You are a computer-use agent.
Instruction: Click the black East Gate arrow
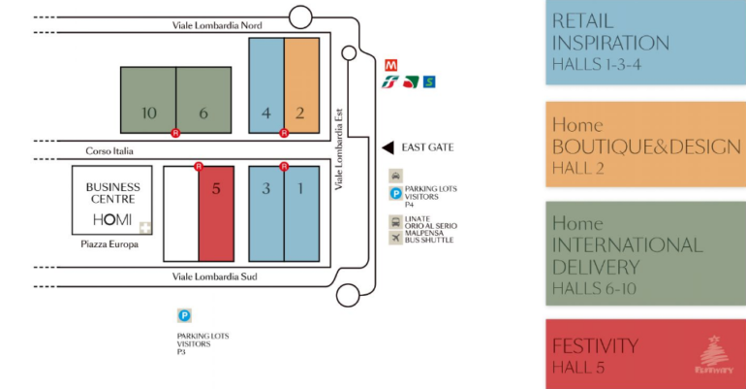[387, 147]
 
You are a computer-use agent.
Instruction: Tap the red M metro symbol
[392, 63]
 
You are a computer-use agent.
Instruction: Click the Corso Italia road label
[109, 151]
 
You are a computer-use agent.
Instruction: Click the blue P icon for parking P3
[184, 315]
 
